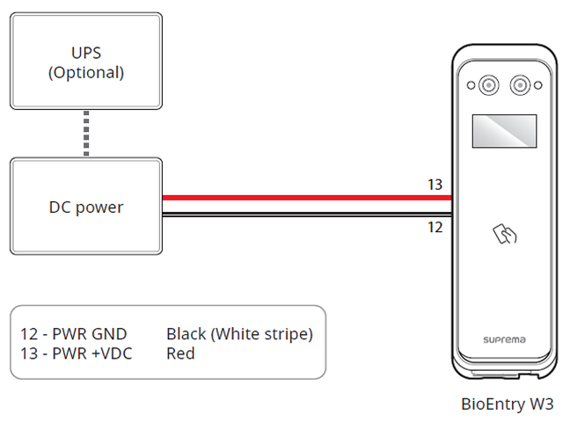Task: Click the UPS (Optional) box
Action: (85, 60)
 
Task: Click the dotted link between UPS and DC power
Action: (86, 135)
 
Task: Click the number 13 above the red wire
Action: (435, 185)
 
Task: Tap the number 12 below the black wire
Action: (435, 227)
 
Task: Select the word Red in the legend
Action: (180, 353)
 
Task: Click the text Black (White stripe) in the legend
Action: (239, 334)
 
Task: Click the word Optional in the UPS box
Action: (86, 72)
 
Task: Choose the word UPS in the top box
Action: (86, 53)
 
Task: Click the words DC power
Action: (86, 208)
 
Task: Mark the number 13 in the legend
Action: (29, 353)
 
